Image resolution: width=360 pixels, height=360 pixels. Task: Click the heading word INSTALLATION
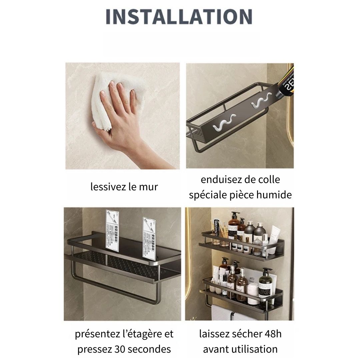[179, 17]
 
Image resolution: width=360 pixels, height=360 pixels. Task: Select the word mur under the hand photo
[149, 187]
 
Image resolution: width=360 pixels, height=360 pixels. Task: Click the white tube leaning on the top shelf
[275, 235]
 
